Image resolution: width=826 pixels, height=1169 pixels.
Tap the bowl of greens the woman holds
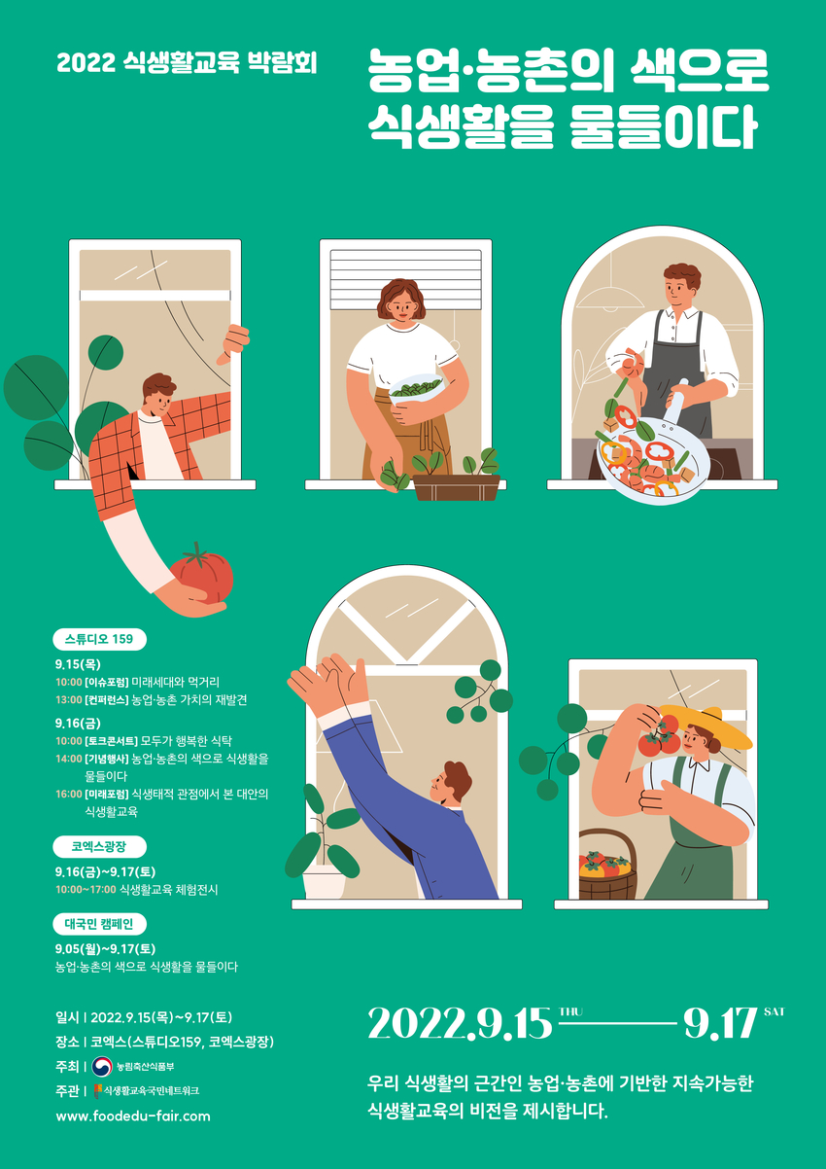click(416, 388)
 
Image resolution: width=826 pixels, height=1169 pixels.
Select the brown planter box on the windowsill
click(457, 487)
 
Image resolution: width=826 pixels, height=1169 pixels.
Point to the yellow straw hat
click(706, 724)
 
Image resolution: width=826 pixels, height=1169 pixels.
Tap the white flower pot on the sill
click(324, 883)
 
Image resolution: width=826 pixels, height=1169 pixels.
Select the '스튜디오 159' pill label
click(99, 639)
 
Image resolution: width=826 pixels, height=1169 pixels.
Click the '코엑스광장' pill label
click(99, 846)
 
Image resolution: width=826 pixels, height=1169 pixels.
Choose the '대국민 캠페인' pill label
click(99, 924)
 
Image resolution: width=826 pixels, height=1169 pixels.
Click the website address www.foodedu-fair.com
click(133, 1116)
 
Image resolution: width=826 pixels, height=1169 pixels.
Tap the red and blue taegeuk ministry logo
click(102, 1067)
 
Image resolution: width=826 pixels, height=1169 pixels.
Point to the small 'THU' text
click(571, 1011)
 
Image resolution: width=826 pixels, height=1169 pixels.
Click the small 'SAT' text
click(774, 1011)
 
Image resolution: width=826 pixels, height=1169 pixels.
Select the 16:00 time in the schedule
click(69, 794)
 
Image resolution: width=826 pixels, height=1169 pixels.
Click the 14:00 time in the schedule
click(69, 759)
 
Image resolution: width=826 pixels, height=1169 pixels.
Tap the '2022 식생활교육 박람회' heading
click(187, 62)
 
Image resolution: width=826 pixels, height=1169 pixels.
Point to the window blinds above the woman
click(405, 280)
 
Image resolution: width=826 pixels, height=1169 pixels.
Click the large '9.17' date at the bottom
click(720, 1023)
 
